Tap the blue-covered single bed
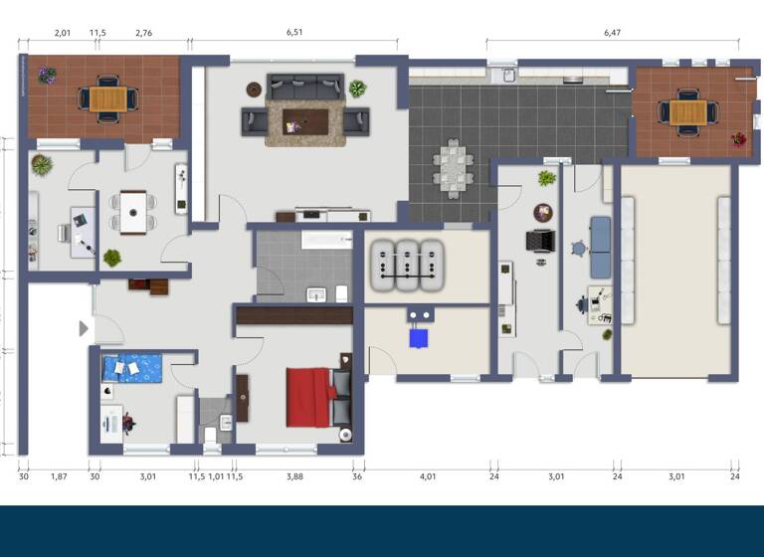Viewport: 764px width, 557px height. point(132,367)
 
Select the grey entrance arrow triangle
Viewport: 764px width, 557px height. point(84,328)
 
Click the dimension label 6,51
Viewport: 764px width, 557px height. point(293,33)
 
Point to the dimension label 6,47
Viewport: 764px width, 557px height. point(612,33)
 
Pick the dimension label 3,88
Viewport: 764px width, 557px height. point(294,476)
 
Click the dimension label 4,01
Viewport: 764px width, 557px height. point(428,476)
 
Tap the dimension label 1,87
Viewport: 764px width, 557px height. point(59,476)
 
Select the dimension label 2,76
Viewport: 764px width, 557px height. point(143,33)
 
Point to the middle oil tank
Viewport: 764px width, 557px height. point(407,265)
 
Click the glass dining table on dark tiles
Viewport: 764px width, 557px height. point(453,167)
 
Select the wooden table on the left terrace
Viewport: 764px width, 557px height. point(108,98)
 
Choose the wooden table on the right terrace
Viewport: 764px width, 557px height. point(687,112)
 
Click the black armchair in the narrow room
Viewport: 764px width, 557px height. point(539,242)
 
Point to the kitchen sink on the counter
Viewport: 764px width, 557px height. point(508,74)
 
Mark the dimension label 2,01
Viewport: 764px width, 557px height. point(62,33)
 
